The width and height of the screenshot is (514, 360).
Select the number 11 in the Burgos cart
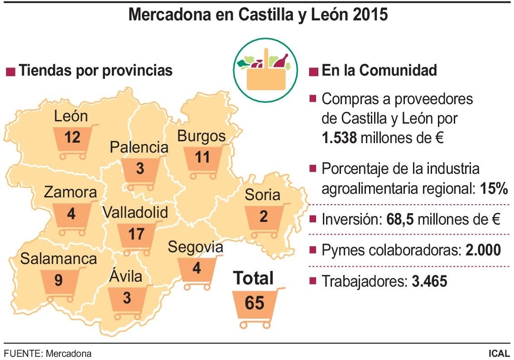[202, 157]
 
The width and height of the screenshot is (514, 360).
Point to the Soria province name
[263, 195]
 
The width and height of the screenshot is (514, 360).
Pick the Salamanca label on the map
[58, 259]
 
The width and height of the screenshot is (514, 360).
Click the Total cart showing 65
[255, 304]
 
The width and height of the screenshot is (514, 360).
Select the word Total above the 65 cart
[254, 278]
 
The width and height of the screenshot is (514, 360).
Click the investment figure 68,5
[400, 220]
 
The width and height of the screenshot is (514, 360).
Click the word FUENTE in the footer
[21, 353]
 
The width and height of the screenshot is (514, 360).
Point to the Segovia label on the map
[195, 247]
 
